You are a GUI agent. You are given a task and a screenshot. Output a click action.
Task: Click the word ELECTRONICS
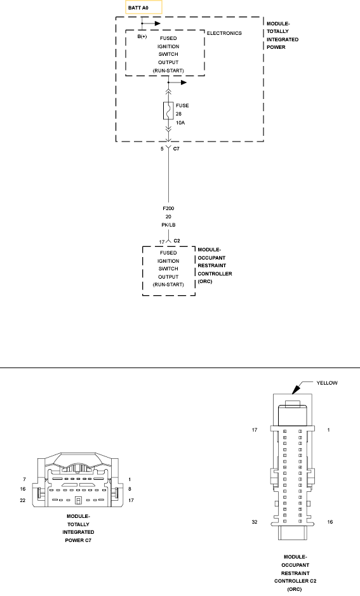coord(224,32)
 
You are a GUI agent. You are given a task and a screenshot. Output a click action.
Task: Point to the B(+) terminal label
coord(142,37)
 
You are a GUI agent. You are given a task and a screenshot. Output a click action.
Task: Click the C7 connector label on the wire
coord(177,148)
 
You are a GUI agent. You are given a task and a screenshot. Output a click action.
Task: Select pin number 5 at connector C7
coord(162,148)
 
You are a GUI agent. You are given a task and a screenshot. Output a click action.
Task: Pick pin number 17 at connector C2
coord(161,241)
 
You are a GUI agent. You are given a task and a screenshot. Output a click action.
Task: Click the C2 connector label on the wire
coord(177,241)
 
